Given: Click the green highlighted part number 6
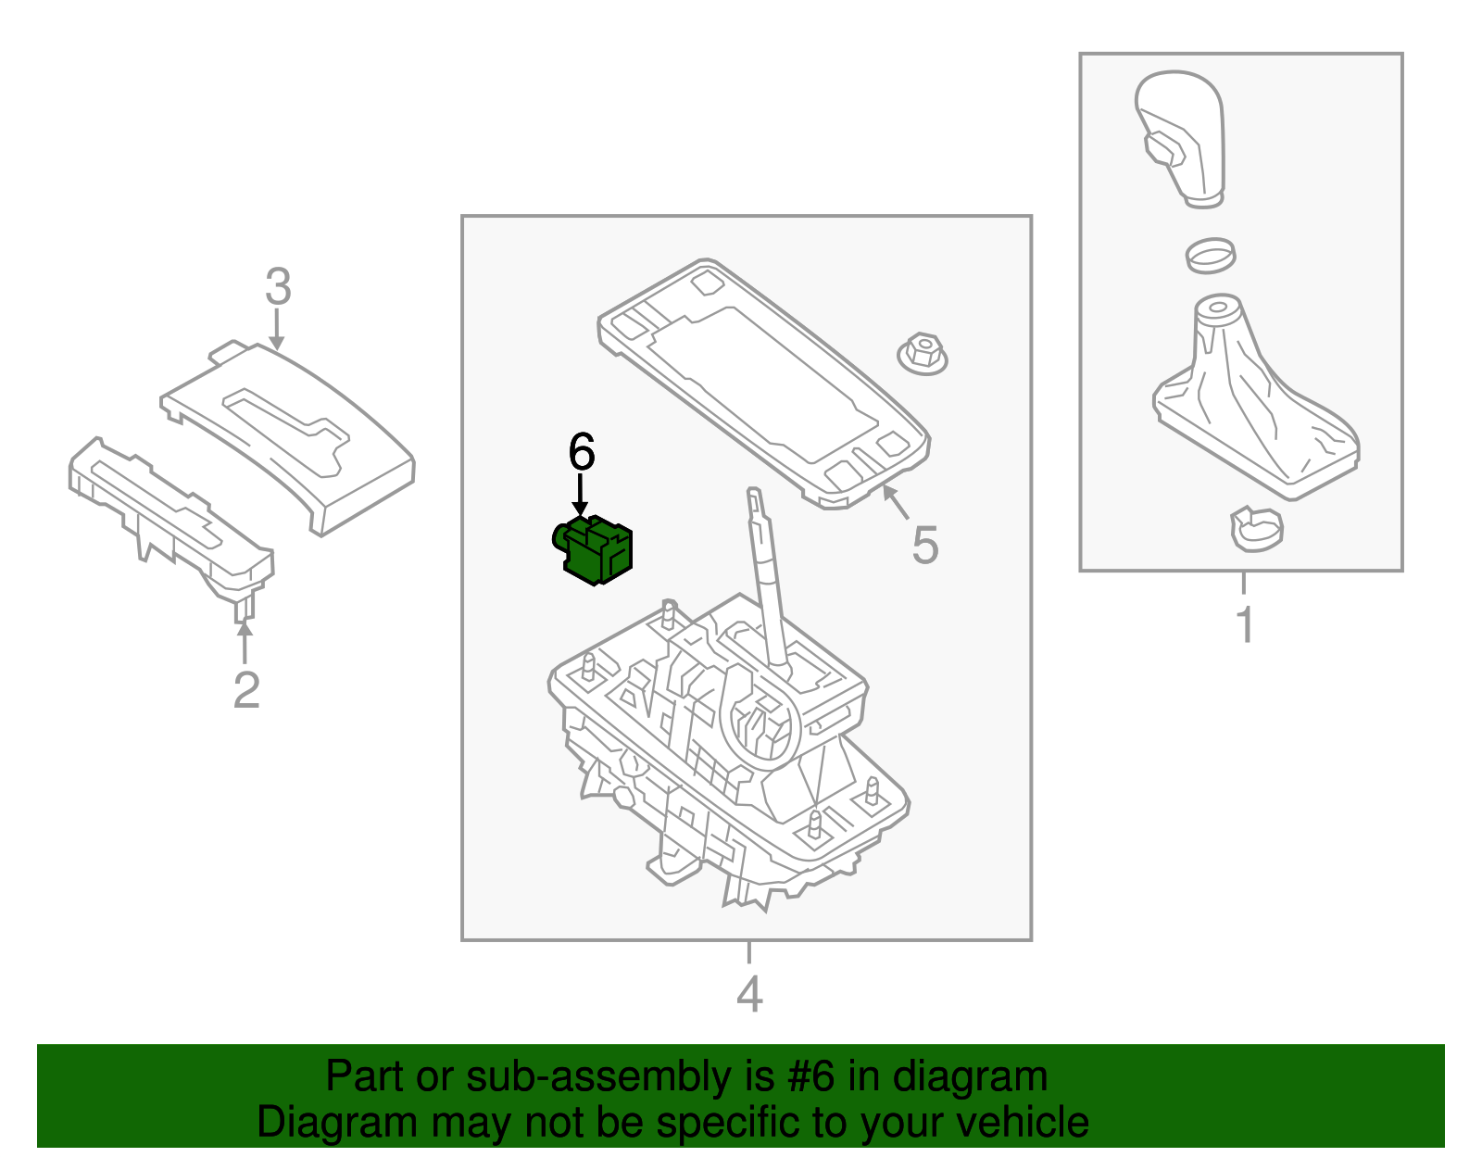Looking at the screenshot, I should pos(596,550).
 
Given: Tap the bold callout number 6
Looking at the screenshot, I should pos(581,453).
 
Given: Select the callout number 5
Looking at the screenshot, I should pos(924,545).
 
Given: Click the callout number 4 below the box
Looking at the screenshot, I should pos(749,994).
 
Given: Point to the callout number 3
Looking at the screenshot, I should pos(278,287).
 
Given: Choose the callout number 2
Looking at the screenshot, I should pos(245,690).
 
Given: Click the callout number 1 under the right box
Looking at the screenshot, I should pos(1245,625).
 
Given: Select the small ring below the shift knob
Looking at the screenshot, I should pos(1210,254).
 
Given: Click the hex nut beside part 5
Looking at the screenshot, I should pos(923,354).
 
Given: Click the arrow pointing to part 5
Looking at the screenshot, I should pos(893,501).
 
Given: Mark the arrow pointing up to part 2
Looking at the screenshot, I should pos(245,642).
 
